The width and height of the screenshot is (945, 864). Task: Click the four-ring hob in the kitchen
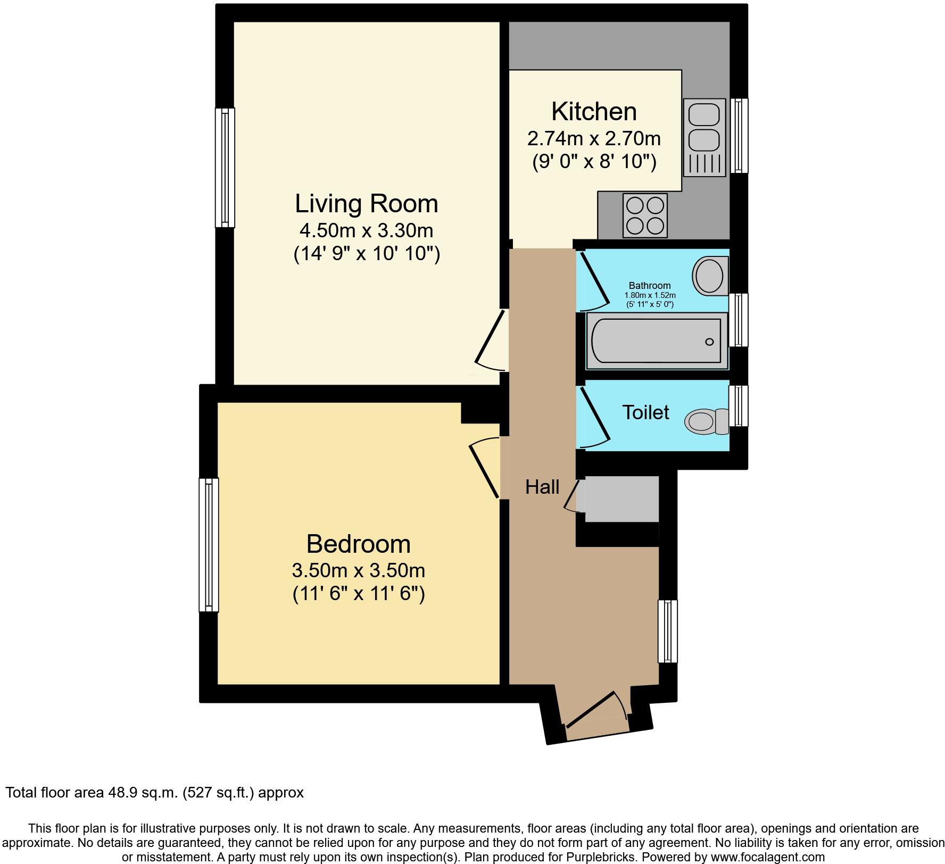pyautogui.click(x=645, y=215)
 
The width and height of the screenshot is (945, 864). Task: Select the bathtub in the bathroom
pyautogui.click(x=656, y=341)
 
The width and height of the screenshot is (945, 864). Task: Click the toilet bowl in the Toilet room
pyautogui.click(x=701, y=421)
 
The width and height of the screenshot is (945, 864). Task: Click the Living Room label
pyautogui.click(x=366, y=204)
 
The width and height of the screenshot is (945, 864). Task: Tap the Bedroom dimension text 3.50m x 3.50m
pyautogui.click(x=358, y=570)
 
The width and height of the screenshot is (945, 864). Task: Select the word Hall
pyautogui.click(x=542, y=487)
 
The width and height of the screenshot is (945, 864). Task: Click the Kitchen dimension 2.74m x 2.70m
pyautogui.click(x=594, y=139)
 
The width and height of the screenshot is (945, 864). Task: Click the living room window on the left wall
pyautogui.click(x=225, y=168)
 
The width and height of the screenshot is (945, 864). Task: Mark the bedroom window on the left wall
pyautogui.click(x=209, y=544)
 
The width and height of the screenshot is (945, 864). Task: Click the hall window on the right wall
pyautogui.click(x=668, y=631)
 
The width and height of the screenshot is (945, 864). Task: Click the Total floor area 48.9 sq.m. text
pyautogui.click(x=154, y=792)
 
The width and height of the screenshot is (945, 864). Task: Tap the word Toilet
pyautogui.click(x=645, y=412)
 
